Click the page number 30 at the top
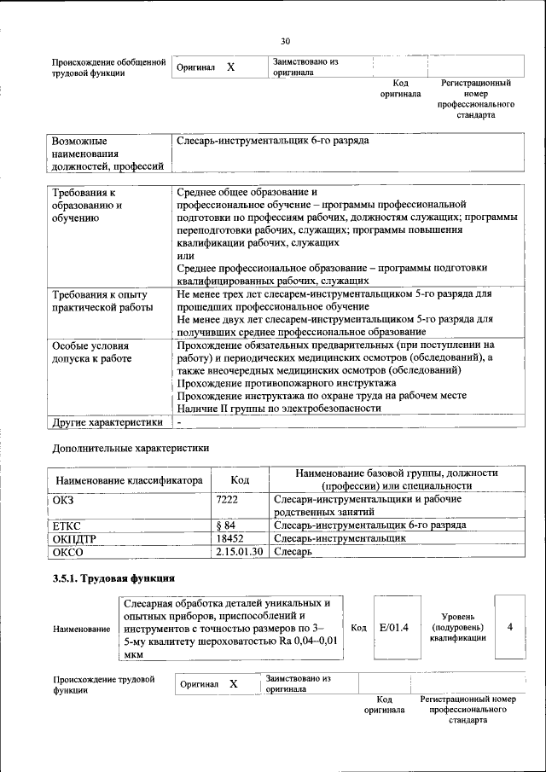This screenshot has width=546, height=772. [286, 40]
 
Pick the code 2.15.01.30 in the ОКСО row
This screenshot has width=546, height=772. [241, 552]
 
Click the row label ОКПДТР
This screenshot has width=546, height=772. [78, 538]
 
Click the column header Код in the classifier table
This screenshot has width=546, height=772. [241, 480]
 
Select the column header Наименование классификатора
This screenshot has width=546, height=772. [129, 480]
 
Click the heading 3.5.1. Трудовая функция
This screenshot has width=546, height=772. [114, 578]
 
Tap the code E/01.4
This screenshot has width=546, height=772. [393, 628]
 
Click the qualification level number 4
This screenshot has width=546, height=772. [509, 627]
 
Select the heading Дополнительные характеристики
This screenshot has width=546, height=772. [131, 446]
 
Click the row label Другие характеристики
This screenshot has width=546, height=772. [107, 421]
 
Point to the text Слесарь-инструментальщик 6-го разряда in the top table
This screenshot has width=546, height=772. [273, 140]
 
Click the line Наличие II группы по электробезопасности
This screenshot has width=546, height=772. [279, 408]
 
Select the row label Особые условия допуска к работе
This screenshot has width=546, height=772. [92, 352]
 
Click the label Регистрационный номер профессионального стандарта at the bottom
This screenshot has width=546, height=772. [468, 709]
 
